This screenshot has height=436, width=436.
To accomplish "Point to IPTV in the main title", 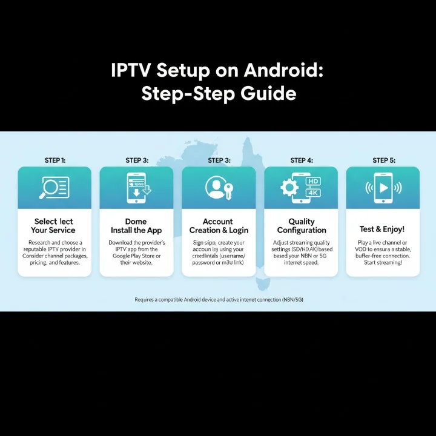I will [x=131, y=71].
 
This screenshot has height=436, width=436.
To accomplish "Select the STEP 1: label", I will [x=55, y=160].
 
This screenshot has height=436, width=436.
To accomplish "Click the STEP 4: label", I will [x=302, y=160].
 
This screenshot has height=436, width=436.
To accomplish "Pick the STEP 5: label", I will [x=383, y=160].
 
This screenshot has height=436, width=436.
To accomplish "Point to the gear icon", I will [x=289, y=188].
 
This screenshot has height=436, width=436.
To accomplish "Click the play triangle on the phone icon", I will [x=383, y=187].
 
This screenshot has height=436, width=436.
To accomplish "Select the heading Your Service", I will [x=53, y=230].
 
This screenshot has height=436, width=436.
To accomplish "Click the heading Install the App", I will [x=137, y=230].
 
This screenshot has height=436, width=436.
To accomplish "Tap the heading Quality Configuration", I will [x=302, y=226].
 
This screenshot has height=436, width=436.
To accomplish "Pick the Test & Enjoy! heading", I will [x=383, y=230].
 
